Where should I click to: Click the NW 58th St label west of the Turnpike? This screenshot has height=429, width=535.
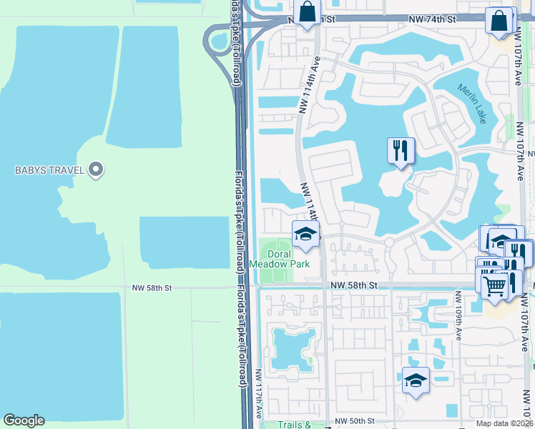point(152,288)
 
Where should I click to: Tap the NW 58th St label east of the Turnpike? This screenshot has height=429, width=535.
point(353,285)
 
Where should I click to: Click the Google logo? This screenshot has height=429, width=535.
point(24,420)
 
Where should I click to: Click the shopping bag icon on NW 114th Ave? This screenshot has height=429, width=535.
point(307,13)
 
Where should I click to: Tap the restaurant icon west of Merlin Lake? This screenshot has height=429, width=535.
point(399,150)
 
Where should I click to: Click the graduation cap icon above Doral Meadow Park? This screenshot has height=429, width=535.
point(305,234)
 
